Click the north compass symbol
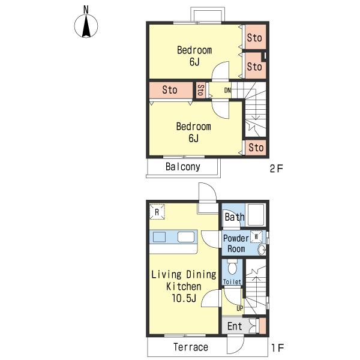tap(86, 26)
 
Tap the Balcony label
tap(183, 167)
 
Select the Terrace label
tap(191, 347)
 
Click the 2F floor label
tap(277, 169)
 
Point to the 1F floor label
tap(278, 348)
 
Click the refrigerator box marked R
tap(157, 212)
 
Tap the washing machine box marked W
tap(256, 236)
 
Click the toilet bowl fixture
tap(232, 267)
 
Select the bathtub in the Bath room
tap(256, 215)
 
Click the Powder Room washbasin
tap(262, 250)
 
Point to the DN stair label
tap(227, 90)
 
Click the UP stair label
tap(239, 308)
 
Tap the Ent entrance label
tap(235, 326)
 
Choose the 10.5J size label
tap(184, 298)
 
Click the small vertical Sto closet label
tap(200, 90)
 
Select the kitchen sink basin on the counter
tap(159, 237)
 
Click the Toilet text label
tap(232, 282)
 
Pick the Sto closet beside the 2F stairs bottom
tap(256, 147)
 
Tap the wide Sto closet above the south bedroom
tap(171, 90)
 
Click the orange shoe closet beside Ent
tap(262, 326)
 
